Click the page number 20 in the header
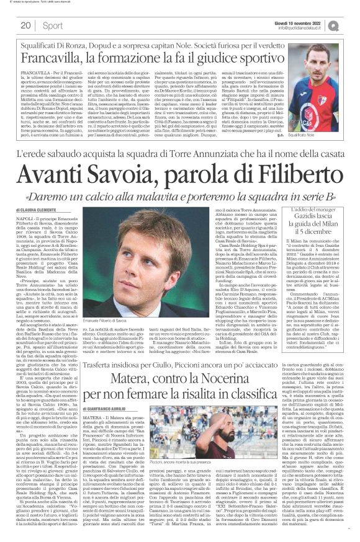click(25, 25)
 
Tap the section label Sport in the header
click(52, 25)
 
